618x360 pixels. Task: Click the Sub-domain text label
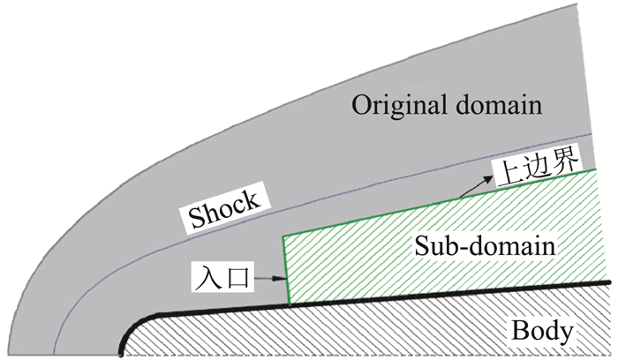click(x=485, y=246)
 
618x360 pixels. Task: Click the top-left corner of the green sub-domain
click(x=283, y=236)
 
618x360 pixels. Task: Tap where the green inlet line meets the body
click(x=288, y=304)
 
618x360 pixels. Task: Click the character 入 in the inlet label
click(x=204, y=280)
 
